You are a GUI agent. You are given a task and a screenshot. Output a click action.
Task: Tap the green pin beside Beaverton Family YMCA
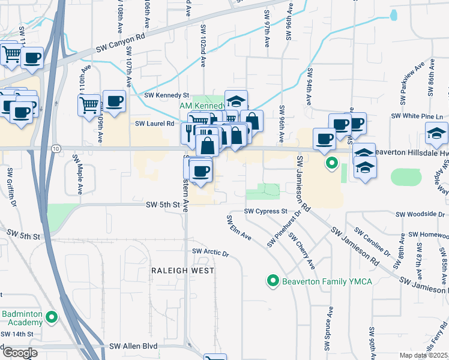[x=273, y=281]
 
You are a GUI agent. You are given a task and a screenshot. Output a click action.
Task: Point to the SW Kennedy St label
[x=167, y=95]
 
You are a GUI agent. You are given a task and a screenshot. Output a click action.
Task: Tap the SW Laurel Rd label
[x=154, y=124]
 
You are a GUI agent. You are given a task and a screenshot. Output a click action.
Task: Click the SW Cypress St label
[x=266, y=212]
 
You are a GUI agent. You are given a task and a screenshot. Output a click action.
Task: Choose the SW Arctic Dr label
[x=211, y=253]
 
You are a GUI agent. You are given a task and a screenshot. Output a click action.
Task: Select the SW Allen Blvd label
[x=133, y=347]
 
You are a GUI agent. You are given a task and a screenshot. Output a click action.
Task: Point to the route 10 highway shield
[x=56, y=148]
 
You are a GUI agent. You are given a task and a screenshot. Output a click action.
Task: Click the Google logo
[x=19, y=352]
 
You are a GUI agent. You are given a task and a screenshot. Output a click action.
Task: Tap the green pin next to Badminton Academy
[x=52, y=318]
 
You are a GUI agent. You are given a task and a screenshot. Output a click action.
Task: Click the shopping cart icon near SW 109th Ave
[x=89, y=105]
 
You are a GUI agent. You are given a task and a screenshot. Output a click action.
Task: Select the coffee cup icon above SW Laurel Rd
[x=114, y=100]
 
